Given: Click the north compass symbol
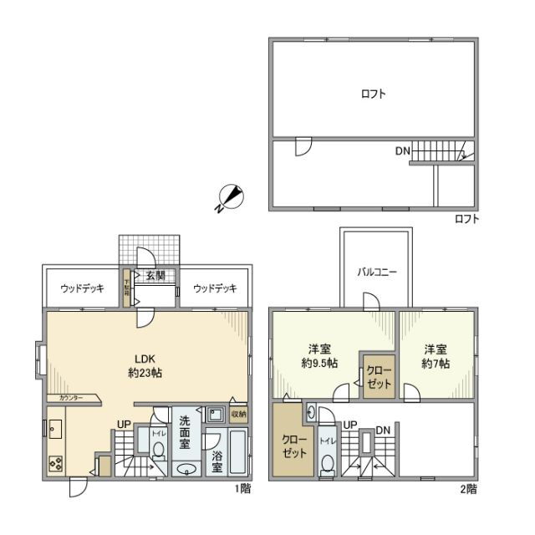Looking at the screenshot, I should [231, 197].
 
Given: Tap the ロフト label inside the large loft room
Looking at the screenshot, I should [373, 94].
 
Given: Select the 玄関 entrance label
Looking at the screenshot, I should [155, 276].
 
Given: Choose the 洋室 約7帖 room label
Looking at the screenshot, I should [435, 356].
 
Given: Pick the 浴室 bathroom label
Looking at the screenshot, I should [216, 462].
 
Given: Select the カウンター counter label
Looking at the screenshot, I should [70, 398].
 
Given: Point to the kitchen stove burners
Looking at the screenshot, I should [55, 461].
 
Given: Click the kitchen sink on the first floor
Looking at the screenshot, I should [55, 430].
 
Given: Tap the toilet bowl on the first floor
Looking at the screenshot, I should [158, 450].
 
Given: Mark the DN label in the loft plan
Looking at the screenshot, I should [403, 151].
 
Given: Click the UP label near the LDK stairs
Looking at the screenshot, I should [124, 424].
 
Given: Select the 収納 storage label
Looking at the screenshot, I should [238, 414].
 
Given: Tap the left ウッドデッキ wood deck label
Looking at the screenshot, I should [82, 288].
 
